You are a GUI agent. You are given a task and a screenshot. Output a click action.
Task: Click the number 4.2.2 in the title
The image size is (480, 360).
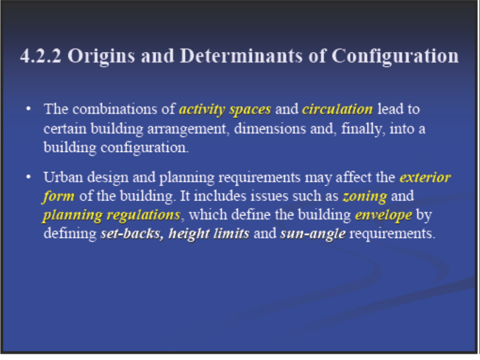coord(40,56)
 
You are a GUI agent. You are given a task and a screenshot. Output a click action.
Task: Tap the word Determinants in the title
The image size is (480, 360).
coord(241,56)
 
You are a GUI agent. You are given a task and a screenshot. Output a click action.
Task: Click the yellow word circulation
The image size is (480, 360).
coord(337,109)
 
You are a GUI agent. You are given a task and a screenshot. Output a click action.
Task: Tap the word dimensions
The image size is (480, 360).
coord(270,128)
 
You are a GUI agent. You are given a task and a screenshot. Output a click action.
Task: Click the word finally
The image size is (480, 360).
coord(363,129)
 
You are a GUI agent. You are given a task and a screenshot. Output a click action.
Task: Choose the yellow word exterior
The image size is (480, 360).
coord(425,177)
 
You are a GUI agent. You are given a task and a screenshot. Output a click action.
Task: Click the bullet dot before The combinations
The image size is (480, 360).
coord(28,108)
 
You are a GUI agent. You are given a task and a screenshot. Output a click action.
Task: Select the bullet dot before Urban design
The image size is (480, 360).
coord(28,176)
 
